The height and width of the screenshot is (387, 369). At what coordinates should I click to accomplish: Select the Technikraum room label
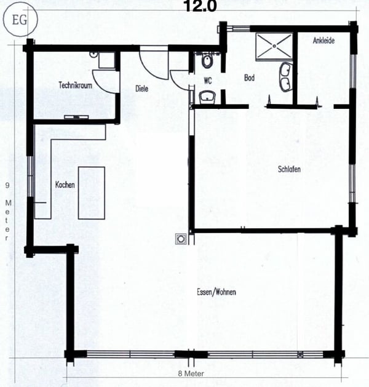[75, 86]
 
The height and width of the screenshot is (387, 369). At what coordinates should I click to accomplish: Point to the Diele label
[143, 89]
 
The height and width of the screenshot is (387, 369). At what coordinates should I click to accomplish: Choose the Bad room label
[249, 78]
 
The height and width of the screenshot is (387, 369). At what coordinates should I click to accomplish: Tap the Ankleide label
[323, 42]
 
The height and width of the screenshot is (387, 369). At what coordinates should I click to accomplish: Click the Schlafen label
[288, 169]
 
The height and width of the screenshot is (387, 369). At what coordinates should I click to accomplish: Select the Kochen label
[65, 185]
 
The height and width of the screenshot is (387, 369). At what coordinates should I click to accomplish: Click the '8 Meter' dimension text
[191, 373]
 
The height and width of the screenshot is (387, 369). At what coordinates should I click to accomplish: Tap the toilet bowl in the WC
[207, 61]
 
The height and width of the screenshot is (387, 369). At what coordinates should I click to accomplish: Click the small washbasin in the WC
[206, 96]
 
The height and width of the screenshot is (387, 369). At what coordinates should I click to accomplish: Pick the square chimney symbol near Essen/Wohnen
[181, 237]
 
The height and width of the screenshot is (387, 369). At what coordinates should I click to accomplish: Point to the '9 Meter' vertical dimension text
[7, 209]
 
